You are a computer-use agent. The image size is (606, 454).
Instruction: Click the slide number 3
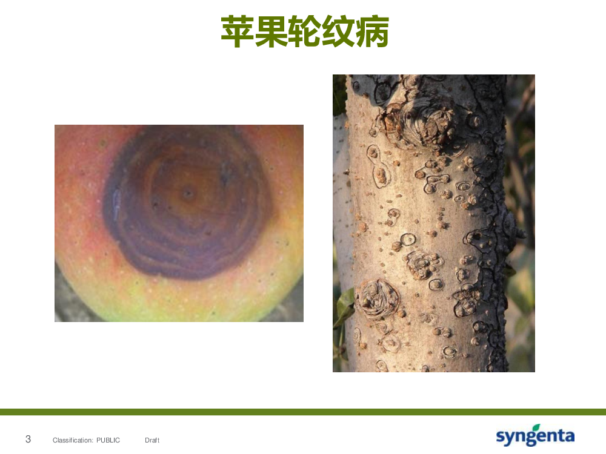tap(28, 439)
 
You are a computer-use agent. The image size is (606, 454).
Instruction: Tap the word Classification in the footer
tap(73, 440)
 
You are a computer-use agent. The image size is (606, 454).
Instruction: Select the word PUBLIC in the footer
tap(108, 440)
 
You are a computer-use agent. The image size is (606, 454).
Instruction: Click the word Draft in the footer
tap(152, 440)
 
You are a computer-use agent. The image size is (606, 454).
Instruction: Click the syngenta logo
tap(535, 435)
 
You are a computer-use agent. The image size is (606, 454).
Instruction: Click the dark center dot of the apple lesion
tap(188, 192)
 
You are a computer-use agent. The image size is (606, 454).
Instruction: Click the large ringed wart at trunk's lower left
tap(377, 299)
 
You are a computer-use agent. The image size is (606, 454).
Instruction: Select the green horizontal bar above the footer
tap(303, 412)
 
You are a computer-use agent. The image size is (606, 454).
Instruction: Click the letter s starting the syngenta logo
tap(501, 436)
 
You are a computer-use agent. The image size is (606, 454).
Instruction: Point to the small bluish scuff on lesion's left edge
tap(116, 203)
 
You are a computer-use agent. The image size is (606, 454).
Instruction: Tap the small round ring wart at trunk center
tap(408, 240)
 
